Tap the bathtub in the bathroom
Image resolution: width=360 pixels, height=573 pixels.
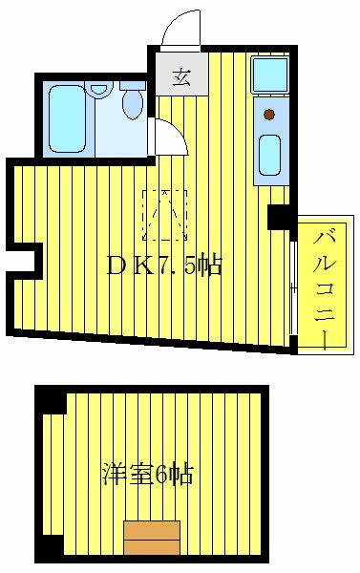pos(67,118)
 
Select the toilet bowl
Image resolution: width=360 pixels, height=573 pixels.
pos(133,104)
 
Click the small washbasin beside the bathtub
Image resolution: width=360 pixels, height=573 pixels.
pos(97,89)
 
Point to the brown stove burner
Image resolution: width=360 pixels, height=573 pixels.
pos(269,115)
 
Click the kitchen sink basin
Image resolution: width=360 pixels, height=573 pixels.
pos(270,155)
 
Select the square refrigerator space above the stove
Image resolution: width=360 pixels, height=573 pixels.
pos(270,74)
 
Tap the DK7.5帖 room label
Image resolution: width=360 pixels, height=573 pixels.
pos(164,265)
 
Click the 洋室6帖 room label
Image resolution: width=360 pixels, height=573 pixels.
pos(147,474)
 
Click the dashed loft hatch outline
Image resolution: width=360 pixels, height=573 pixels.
pos(165,215)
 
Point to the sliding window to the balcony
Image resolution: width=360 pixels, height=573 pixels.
pos(293,287)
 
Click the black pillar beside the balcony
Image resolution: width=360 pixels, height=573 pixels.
pos(282,218)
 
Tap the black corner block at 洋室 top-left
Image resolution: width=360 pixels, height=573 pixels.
pos(52,400)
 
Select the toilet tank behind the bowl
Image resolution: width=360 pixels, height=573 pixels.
pos(133,86)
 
